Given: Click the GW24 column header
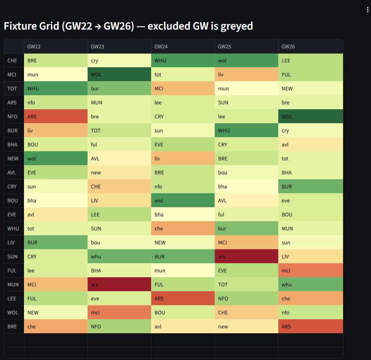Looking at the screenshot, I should pos(161,46).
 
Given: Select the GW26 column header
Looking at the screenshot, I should pos(288,46).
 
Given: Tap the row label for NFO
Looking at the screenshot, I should pos(12,116).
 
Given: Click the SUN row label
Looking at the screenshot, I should pos(12,256).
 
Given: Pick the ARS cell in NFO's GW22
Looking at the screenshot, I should pos(56,116).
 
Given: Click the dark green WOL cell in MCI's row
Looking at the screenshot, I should pos(119,74).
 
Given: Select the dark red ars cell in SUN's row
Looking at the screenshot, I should pos(246,256).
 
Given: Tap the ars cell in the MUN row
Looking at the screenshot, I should pos(119,284).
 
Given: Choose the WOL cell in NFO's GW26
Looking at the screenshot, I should pos(310,116).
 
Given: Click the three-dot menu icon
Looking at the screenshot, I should pos(367,10).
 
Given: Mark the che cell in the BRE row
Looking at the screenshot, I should pos(56,326).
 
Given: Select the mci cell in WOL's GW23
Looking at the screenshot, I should pos(119,312).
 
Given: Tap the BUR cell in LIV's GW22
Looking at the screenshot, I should pos(56,242).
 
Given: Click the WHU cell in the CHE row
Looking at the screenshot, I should pos(183,60).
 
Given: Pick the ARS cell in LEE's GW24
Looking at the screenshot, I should pos(183,298).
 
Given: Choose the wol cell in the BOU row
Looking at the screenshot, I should pos(183,200).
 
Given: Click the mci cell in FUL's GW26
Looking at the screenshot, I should pos(310,270).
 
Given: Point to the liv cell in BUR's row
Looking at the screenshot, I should pos(56,130).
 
